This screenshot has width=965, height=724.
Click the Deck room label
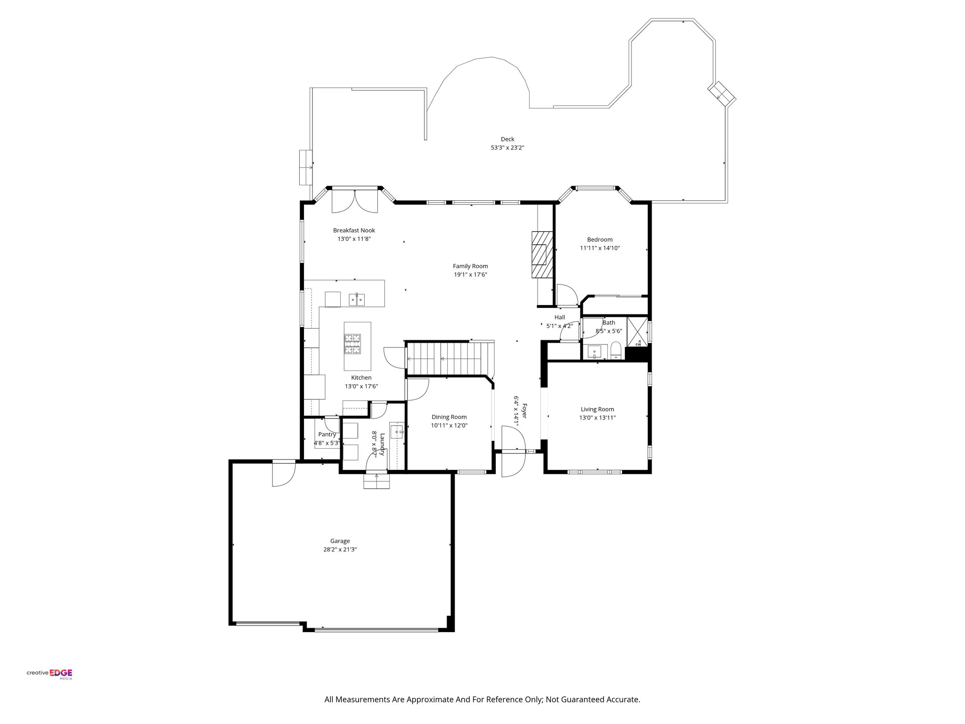point(507,139)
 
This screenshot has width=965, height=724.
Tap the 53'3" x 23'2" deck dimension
point(507,148)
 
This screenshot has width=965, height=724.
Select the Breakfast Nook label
point(354,230)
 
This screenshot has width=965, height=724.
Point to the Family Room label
point(470,266)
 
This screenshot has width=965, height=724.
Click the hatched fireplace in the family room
point(540,256)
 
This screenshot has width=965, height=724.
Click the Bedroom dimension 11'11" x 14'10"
point(599,248)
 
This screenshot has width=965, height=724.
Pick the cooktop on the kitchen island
point(352,344)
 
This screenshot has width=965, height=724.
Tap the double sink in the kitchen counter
point(357,299)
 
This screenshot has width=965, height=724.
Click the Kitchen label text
point(361,378)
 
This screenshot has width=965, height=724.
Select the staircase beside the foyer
point(448,359)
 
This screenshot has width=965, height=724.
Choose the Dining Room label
point(449,417)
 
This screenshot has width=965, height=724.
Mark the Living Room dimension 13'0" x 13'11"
point(597,418)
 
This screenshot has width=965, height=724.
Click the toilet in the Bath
point(615,351)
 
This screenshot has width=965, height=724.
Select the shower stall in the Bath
point(637,332)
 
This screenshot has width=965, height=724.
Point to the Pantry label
point(327,435)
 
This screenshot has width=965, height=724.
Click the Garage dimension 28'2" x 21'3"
point(340,550)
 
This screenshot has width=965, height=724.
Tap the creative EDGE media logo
point(49,674)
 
